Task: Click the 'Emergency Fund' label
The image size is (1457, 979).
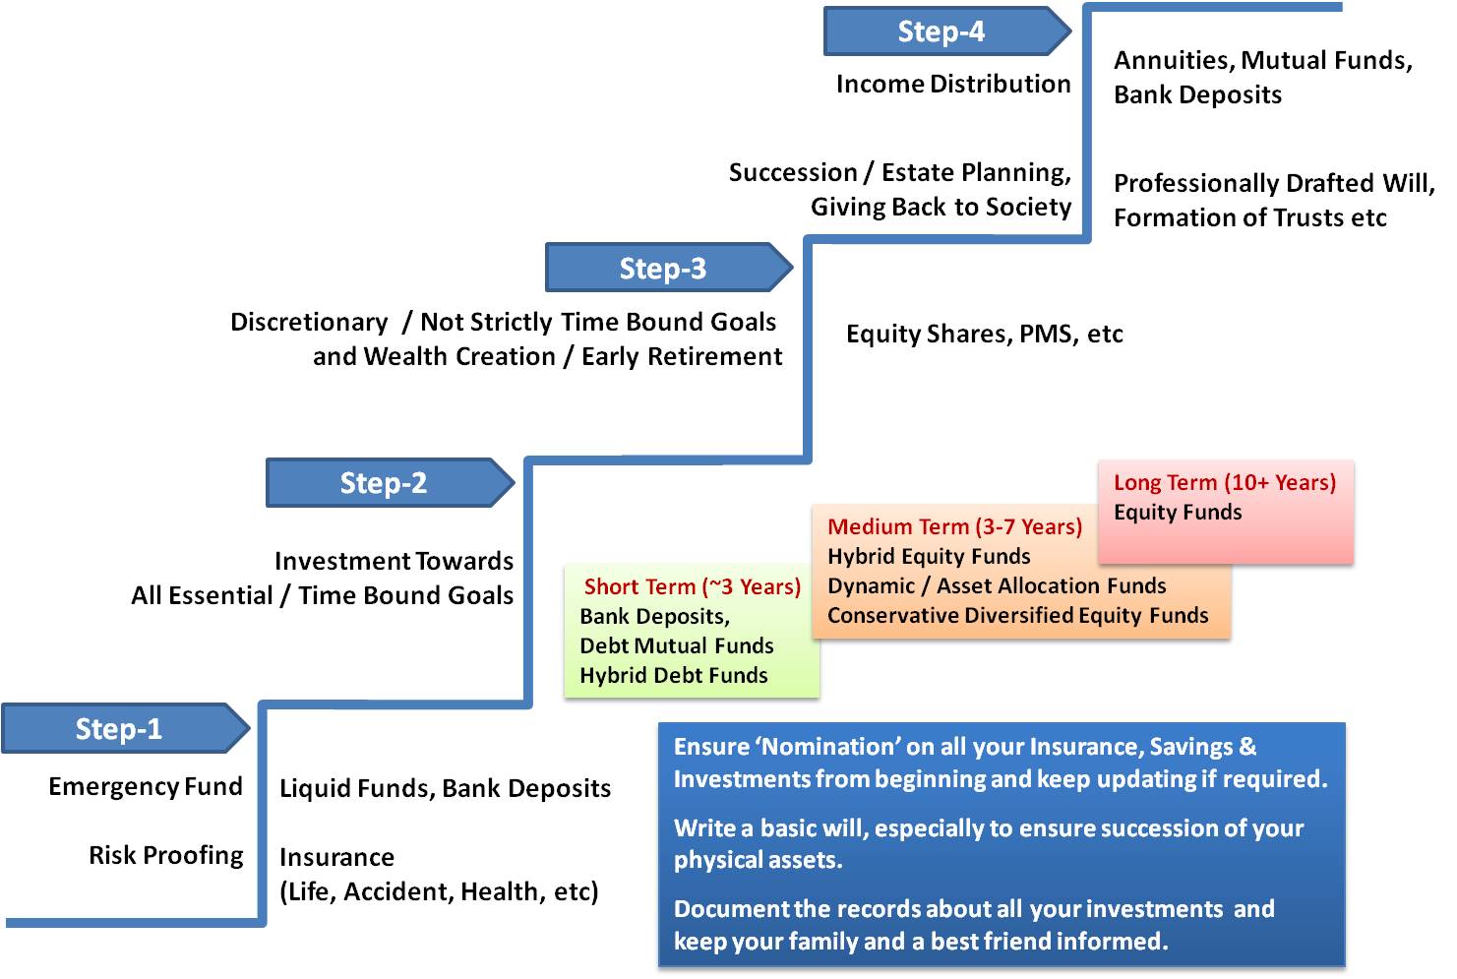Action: (x=146, y=786)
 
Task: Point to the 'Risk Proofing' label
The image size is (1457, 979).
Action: (x=166, y=855)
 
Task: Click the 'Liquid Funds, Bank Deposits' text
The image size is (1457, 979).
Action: (x=445, y=788)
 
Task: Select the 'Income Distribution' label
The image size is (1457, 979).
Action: (x=952, y=85)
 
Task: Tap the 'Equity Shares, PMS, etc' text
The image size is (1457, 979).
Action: (x=984, y=335)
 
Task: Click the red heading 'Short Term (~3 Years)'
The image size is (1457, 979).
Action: (x=692, y=587)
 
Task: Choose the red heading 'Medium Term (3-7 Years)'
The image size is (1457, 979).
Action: (x=954, y=527)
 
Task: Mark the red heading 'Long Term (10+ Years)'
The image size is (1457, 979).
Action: (x=1224, y=483)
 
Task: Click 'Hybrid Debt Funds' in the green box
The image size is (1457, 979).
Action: (x=673, y=676)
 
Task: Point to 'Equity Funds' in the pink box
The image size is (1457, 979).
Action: (x=1178, y=513)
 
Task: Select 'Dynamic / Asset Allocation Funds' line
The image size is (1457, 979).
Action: (x=997, y=586)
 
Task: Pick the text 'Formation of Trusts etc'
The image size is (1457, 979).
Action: (x=1249, y=218)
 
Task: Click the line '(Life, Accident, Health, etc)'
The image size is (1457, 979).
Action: (x=439, y=892)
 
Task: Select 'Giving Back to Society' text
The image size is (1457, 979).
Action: (x=941, y=208)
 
